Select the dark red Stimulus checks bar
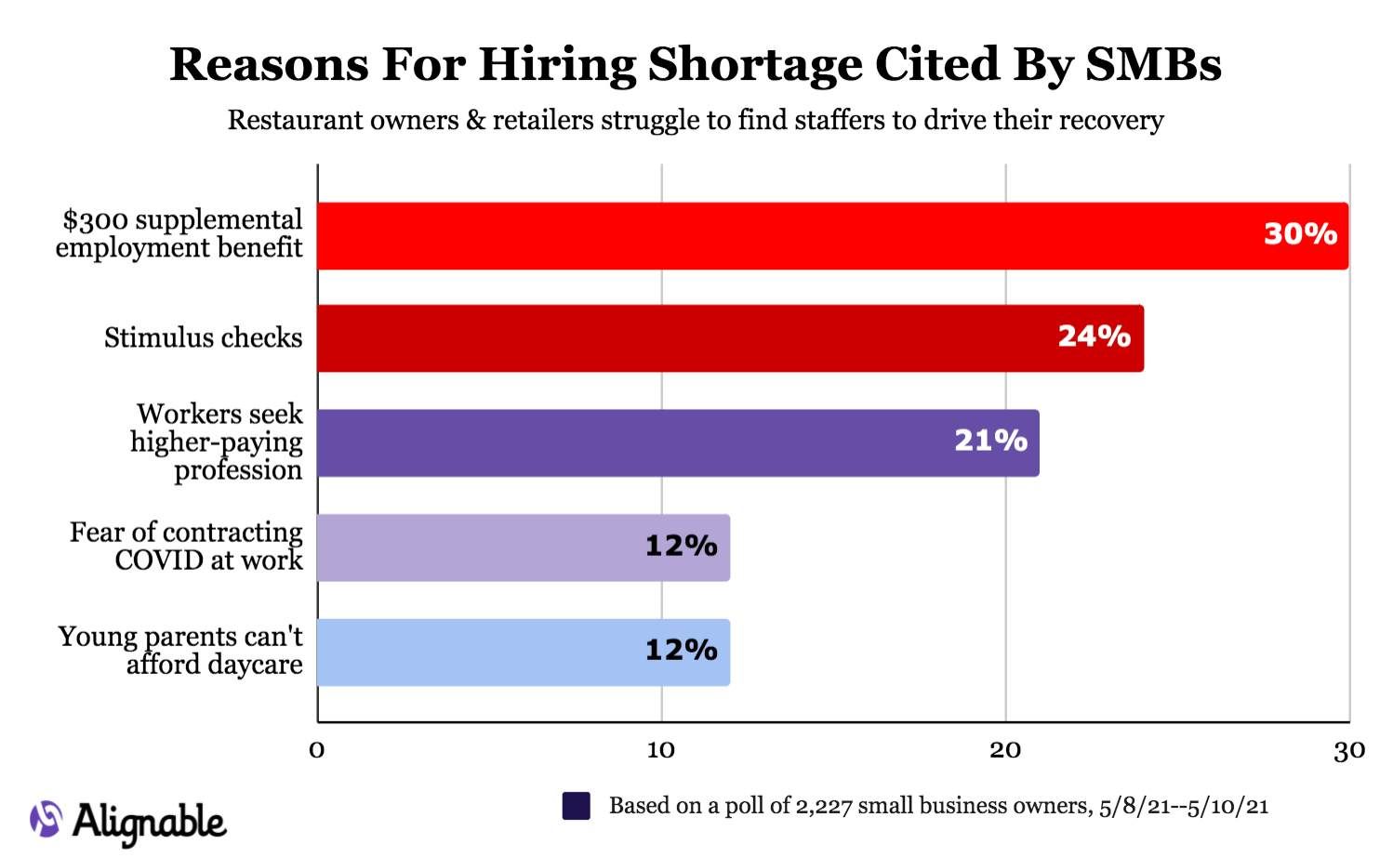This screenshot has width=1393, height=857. pyautogui.click(x=688, y=338)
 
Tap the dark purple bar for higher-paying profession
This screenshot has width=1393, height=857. pyautogui.click(x=632, y=443)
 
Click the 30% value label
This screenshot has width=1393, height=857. pyautogui.click(x=1300, y=233)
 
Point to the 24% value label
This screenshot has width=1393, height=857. pyautogui.click(x=1094, y=336)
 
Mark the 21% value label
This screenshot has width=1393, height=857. pyautogui.click(x=990, y=441)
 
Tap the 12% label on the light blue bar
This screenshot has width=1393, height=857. pyautogui.click(x=681, y=650)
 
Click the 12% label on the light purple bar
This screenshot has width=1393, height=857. pyautogui.click(x=681, y=546)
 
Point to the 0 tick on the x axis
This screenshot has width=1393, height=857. pyautogui.click(x=317, y=750)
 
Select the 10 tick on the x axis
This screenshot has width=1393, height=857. pyautogui.click(x=661, y=750)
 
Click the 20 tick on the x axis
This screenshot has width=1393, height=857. pyautogui.click(x=1005, y=750)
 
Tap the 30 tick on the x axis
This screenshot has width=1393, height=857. pyautogui.click(x=1348, y=750)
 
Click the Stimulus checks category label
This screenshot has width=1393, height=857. pyautogui.click(x=203, y=337)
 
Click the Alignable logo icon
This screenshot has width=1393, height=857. pyautogui.click(x=46, y=819)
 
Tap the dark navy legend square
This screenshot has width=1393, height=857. pyautogui.click(x=577, y=806)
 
